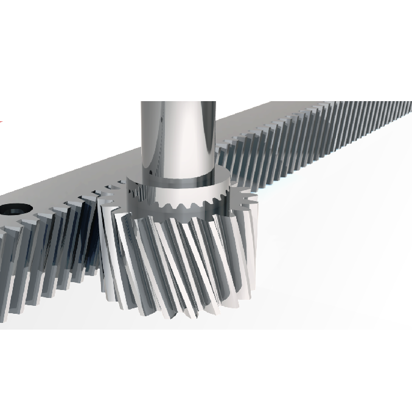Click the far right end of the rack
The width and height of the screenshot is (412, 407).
click(407, 110)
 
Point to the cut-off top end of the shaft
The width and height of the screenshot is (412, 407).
click(178, 104)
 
